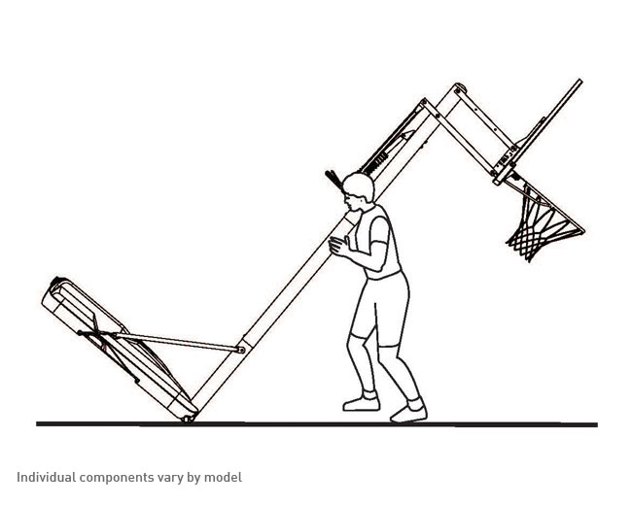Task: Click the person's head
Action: click(x=358, y=191)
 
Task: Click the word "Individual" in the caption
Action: click(x=46, y=477)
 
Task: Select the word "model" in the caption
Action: click(x=223, y=477)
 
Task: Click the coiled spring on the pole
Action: click(x=377, y=163)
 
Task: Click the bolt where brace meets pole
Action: click(x=241, y=350)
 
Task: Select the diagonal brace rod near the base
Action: click(x=160, y=341)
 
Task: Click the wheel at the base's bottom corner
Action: click(x=187, y=420)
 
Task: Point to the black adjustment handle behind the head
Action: click(x=334, y=180)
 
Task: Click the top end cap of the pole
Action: click(x=460, y=87)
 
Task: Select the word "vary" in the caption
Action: click(x=170, y=479)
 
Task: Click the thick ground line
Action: click(x=317, y=424)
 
